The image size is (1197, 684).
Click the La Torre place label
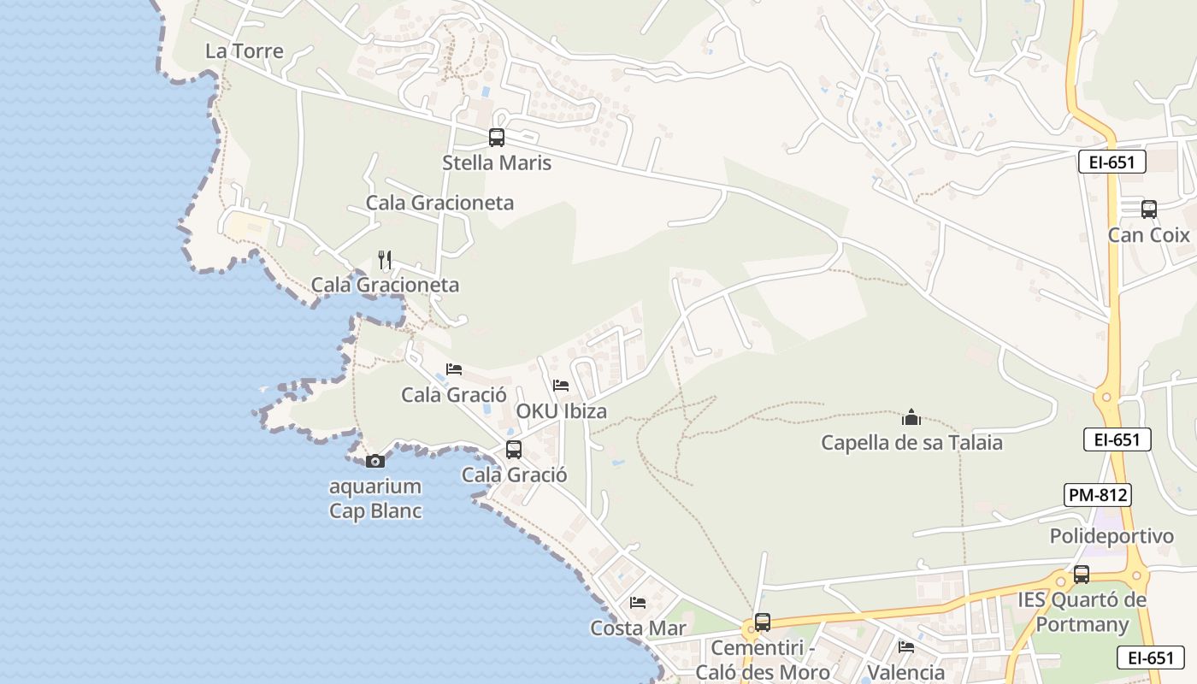(x=245, y=51)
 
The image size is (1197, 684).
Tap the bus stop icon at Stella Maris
(x=496, y=137)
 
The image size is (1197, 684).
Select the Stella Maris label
(x=497, y=162)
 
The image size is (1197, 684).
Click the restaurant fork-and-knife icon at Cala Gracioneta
(x=385, y=260)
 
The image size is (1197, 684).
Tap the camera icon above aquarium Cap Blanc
(x=374, y=462)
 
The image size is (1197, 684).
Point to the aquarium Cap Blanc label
(x=376, y=498)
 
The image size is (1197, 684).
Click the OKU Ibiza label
(x=561, y=411)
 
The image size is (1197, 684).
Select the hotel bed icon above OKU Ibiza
(x=561, y=386)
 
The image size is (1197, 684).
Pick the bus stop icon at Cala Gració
(x=513, y=450)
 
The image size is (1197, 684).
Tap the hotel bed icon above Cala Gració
(x=454, y=369)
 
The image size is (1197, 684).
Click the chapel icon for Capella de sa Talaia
(x=911, y=418)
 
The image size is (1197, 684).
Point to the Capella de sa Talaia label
(x=911, y=443)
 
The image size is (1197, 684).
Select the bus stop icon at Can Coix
(x=1148, y=209)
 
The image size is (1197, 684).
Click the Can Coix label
(x=1149, y=234)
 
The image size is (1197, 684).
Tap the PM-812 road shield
(x=1098, y=494)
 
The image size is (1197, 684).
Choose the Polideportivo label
(x=1111, y=536)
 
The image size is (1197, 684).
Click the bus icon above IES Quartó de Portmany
(x=1082, y=575)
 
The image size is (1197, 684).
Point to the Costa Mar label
(x=638, y=628)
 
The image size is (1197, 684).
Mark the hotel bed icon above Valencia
(x=906, y=646)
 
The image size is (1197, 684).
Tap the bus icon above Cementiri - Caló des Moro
(x=762, y=622)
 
